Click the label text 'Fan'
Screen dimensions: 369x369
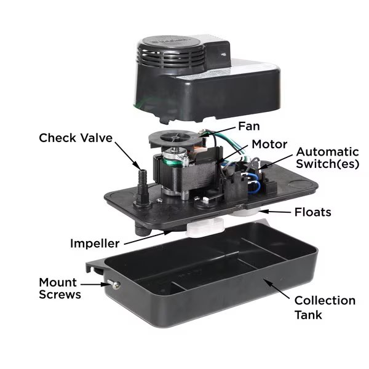[248, 126]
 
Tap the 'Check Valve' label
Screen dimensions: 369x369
[76, 138]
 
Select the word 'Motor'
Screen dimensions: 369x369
[269, 144]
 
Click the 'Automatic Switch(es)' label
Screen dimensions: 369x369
[327, 158]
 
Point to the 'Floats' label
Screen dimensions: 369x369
[313, 212]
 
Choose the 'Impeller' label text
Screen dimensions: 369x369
[95, 244]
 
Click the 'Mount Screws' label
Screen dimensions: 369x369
[60, 288]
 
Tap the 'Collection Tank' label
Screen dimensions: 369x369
[325, 307]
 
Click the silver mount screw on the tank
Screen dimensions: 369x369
[114, 285]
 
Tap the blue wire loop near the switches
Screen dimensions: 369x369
[253, 183]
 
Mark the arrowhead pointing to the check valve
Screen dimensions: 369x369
[139, 165]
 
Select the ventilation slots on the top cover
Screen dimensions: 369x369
[172, 57]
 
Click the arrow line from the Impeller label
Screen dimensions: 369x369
[148, 237]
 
